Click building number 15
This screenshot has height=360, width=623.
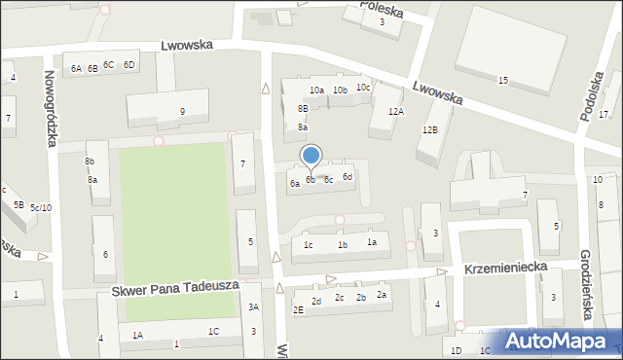pyautogui.click(x=502, y=80)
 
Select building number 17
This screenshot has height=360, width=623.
pyautogui.click(x=604, y=115)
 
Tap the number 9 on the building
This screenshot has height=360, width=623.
pyautogui.click(x=182, y=111)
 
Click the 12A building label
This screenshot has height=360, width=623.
pyautogui.click(x=395, y=112)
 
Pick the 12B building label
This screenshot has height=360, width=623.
pyautogui.click(x=429, y=129)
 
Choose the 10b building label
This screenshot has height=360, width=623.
pyautogui.click(x=340, y=90)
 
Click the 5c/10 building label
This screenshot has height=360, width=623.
pyautogui.click(x=41, y=207)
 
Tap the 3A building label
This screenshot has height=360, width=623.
pyautogui.click(x=253, y=307)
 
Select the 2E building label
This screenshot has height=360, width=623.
pyautogui.click(x=298, y=309)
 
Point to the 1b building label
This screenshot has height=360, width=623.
pyautogui.click(x=342, y=245)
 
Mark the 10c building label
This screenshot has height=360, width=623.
pyautogui.click(x=362, y=88)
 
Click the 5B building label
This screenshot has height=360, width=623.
pyautogui.click(x=18, y=204)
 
